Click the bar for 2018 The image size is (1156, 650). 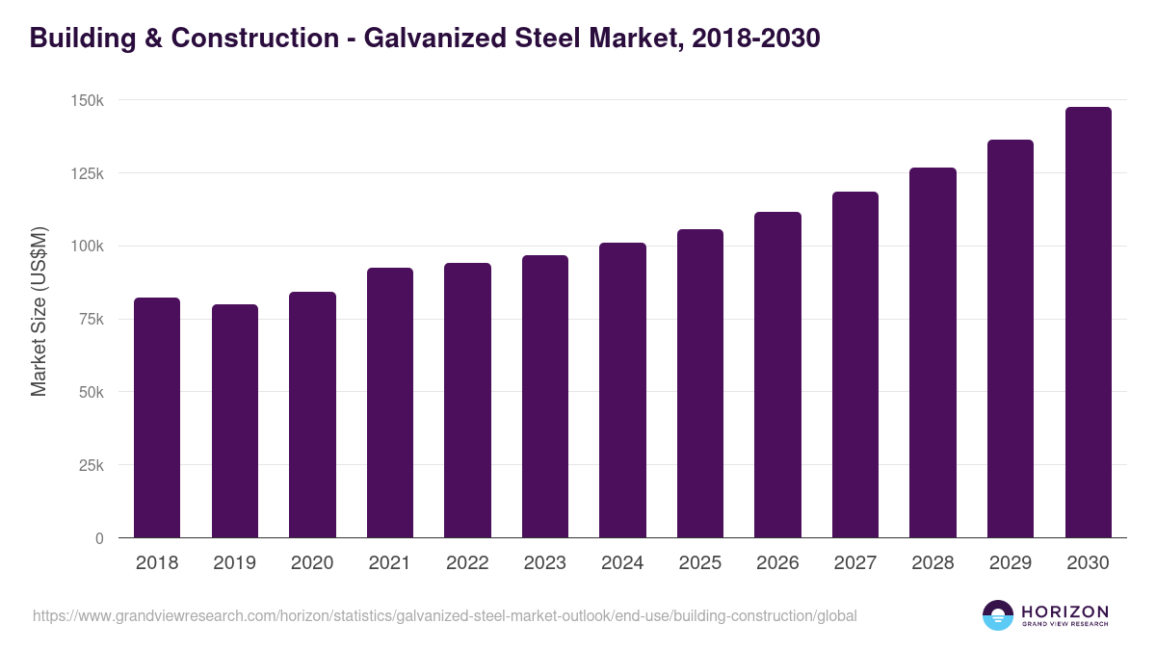[x=157, y=418]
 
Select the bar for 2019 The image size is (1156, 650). [x=235, y=421]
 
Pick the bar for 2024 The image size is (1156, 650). [x=622, y=390]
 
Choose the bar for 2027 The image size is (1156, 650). [x=854, y=365]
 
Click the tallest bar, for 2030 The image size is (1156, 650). [x=1088, y=323]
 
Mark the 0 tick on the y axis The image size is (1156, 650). [x=99, y=538]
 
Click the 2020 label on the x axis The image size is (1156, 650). [x=312, y=563]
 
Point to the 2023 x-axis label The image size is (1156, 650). [x=545, y=563]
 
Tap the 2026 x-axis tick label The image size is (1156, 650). [x=777, y=563]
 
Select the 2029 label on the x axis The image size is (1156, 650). [x=1011, y=563]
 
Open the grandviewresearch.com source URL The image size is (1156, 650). [x=444, y=615]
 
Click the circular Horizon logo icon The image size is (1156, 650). [x=998, y=615]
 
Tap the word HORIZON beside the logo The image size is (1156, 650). [x=1064, y=611]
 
